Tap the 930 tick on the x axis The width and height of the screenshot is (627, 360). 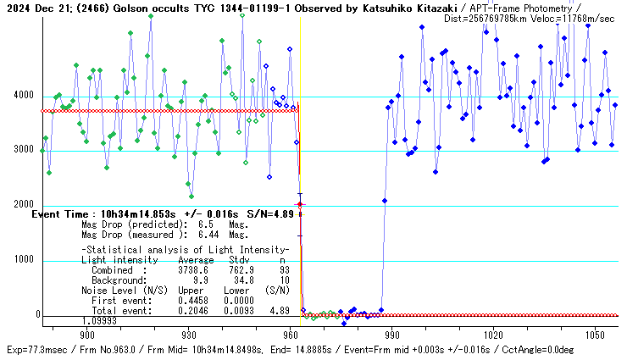[x=188, y=335]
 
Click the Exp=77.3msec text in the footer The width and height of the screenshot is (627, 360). [x=36, y=350]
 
